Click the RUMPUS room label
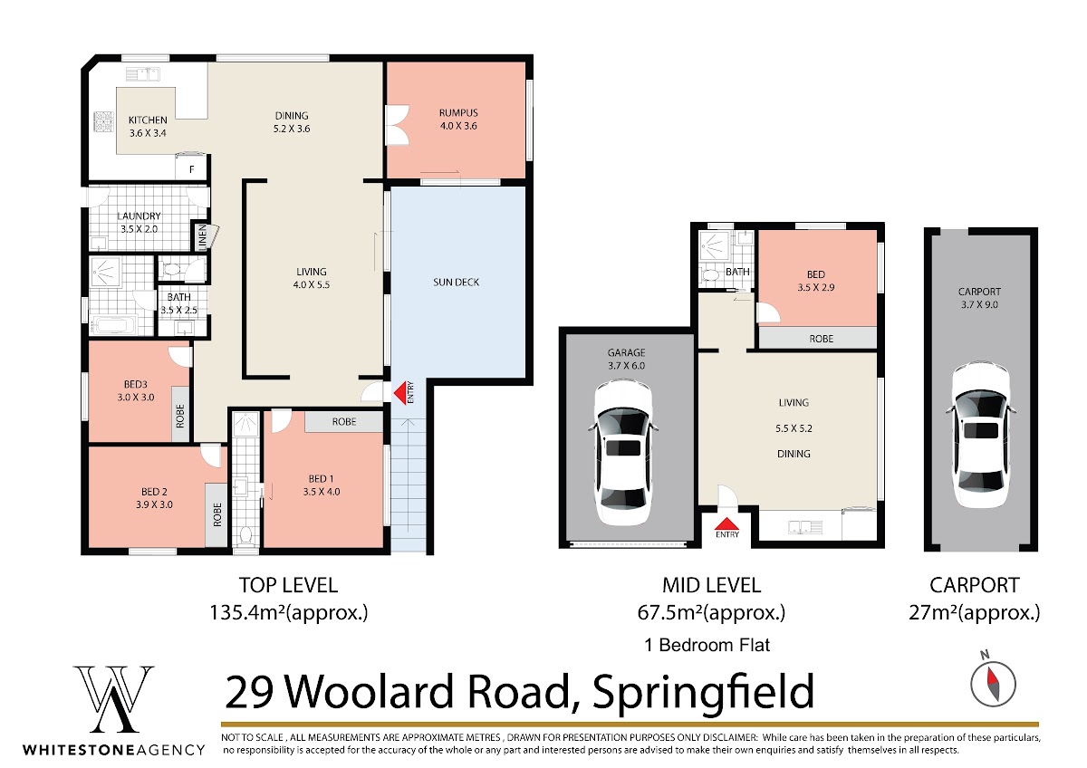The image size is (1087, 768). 458,113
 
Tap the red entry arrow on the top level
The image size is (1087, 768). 399,392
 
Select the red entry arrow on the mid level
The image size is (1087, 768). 726,523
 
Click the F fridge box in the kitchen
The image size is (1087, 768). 192,169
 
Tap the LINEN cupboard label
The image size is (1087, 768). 202,237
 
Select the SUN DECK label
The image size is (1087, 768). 456,283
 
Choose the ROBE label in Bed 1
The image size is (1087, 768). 344,422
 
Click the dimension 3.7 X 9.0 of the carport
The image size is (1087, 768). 979,304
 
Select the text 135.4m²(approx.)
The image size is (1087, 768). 289,613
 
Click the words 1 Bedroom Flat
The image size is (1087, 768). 707,645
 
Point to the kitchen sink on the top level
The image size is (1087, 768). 143,74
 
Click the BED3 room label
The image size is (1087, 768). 135,384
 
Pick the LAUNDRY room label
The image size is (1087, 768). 139,216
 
